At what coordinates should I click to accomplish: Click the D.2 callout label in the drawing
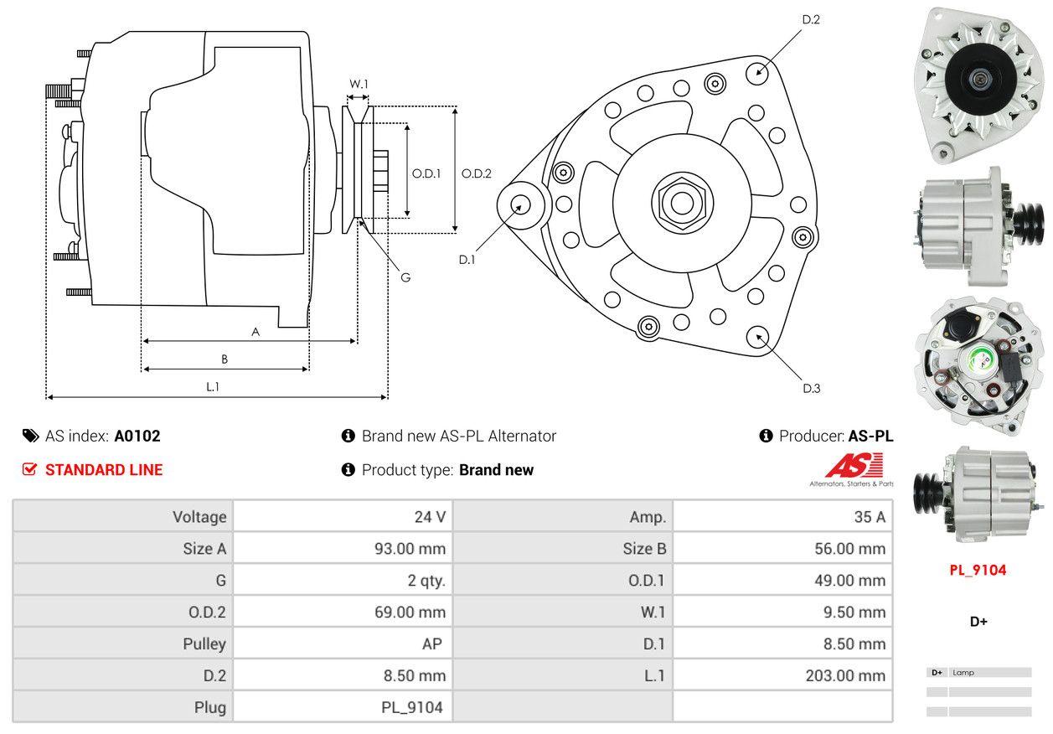click(810, 19)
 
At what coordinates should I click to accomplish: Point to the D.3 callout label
click(811, 388)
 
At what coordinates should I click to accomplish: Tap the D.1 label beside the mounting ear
click(467, 260)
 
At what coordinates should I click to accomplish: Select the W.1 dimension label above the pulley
click(359, 84)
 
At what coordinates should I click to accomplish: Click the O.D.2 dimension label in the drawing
click(477, 174)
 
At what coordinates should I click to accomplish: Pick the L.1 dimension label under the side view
click(213, 386)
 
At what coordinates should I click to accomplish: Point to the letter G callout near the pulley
click(405, 277)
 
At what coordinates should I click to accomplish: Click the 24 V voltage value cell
click(430, 517)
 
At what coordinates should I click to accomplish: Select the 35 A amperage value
click(870, 517)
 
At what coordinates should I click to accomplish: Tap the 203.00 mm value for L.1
click(845, 675)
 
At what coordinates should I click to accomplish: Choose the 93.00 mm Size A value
click(410, 549)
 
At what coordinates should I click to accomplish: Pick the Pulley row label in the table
click(204, 644)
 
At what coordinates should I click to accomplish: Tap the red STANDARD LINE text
click(104, 470)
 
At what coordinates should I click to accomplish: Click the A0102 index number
click(137, 436)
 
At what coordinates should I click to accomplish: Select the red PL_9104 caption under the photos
click(978, 571)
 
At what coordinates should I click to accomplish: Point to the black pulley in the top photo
click(976, 79)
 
